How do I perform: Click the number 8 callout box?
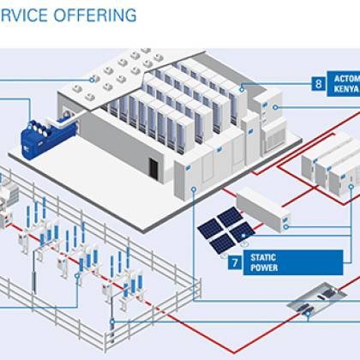pyautogui.click(x=318, y=84)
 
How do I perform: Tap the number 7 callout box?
pyautogui.click(x=234, y=261)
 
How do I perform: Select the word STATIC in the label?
pyautogui.click(x=263, y=256)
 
